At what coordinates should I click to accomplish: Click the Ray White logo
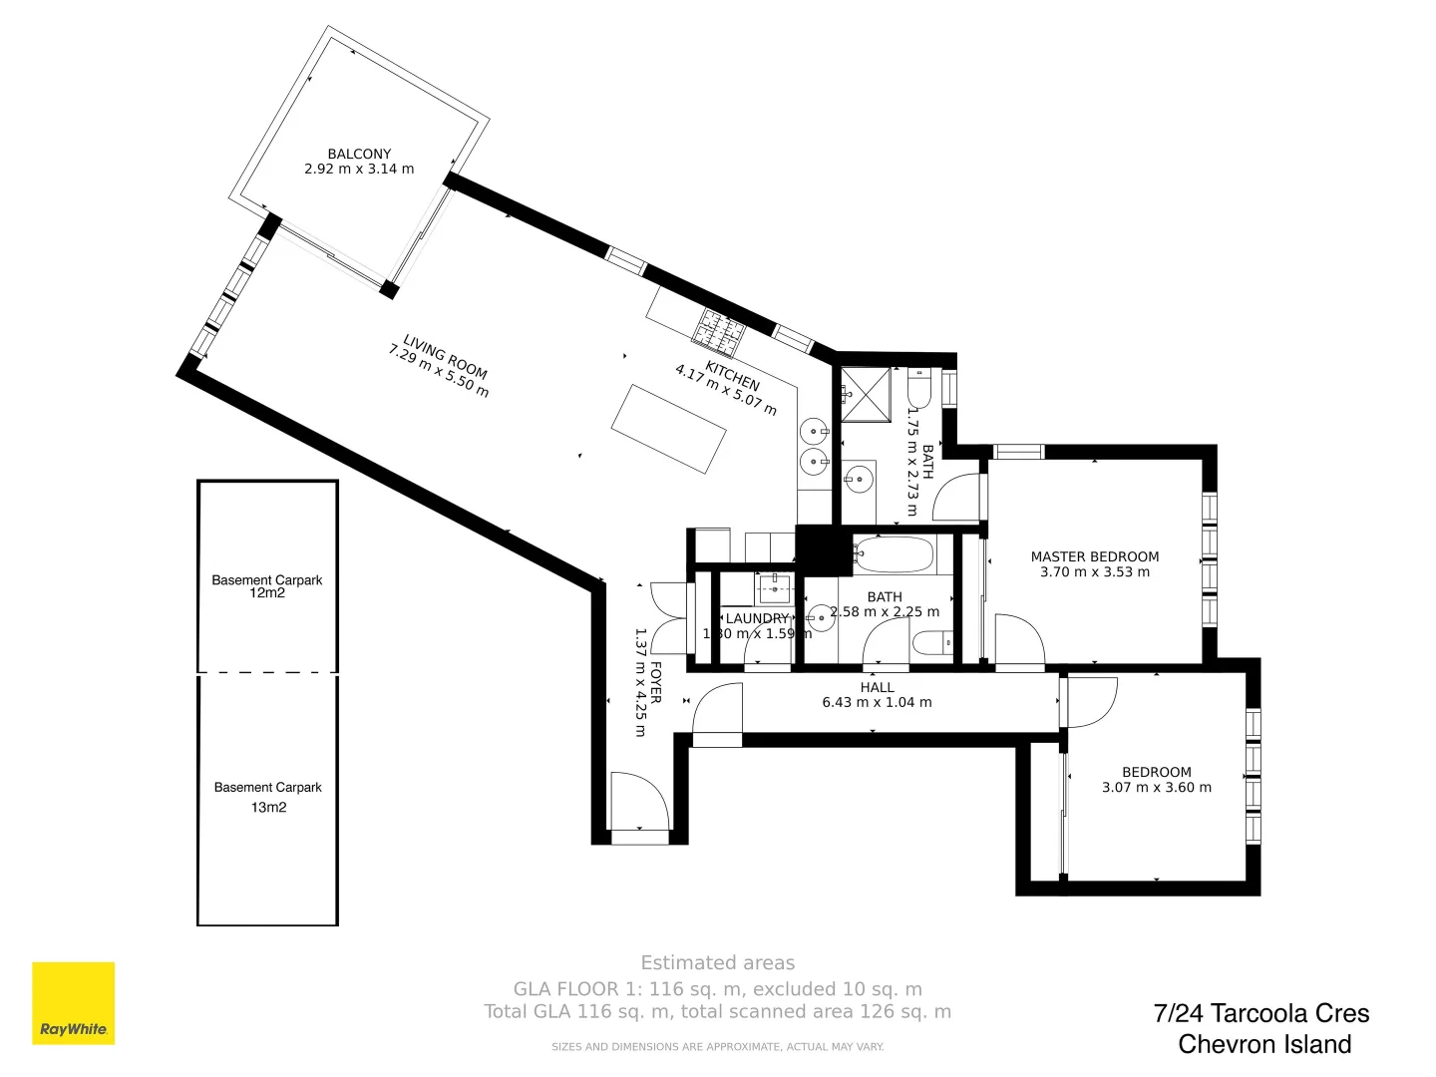coord(74,1003)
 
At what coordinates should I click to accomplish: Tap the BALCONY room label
coord(359,154)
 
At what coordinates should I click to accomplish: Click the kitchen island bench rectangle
coord(668,429)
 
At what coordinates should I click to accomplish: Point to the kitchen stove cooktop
coord(721,331)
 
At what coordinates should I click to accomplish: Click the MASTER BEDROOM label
coord(1094,556)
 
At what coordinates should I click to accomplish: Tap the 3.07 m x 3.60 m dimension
coord(1156,788)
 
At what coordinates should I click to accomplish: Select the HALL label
coord(877,687)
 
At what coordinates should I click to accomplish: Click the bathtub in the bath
coord(894,553)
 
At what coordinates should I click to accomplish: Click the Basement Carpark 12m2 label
coord(267,586)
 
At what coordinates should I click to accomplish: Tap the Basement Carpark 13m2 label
coord(267,797)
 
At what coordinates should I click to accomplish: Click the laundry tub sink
coord(773,588)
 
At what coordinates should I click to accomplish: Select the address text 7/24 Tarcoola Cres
coord(1260,1013)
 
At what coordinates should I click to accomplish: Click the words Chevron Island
coord(1264,1044)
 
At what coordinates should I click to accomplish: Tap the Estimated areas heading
coord(717,963)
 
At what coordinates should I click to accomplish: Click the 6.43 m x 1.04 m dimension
coord(877,703)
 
